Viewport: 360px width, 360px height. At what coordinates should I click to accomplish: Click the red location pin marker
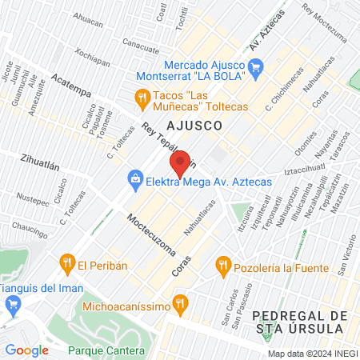pos(181,162)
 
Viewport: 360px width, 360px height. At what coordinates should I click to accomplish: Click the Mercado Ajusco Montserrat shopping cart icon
pos(255,69)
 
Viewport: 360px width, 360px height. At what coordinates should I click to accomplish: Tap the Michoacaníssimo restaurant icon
pos(180,303)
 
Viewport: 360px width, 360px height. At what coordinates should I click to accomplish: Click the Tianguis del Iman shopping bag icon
pos(12,305)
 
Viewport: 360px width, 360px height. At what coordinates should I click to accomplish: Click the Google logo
pos(26,350)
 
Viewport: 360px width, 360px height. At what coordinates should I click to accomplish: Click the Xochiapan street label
pos(92,59)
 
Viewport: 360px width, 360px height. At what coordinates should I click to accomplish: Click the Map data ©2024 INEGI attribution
pos(310,354)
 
